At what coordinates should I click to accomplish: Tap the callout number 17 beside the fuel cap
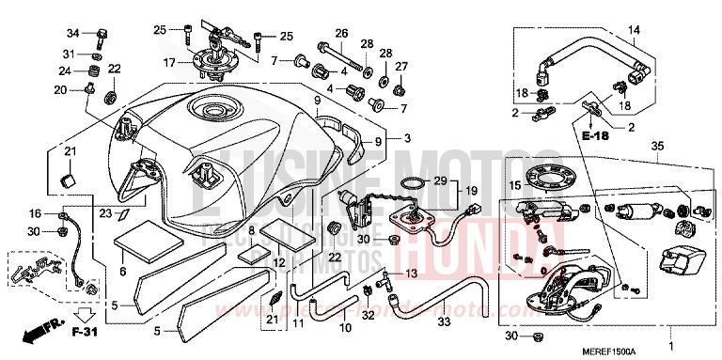click(x=170, y=64)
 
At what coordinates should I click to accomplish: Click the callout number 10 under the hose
click(x=344, y=328)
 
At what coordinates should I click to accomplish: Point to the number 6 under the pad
click(x=121, y=272)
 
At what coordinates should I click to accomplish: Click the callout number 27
click(x=401, y=66)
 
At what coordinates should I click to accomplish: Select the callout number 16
click(x=35, y=214)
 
